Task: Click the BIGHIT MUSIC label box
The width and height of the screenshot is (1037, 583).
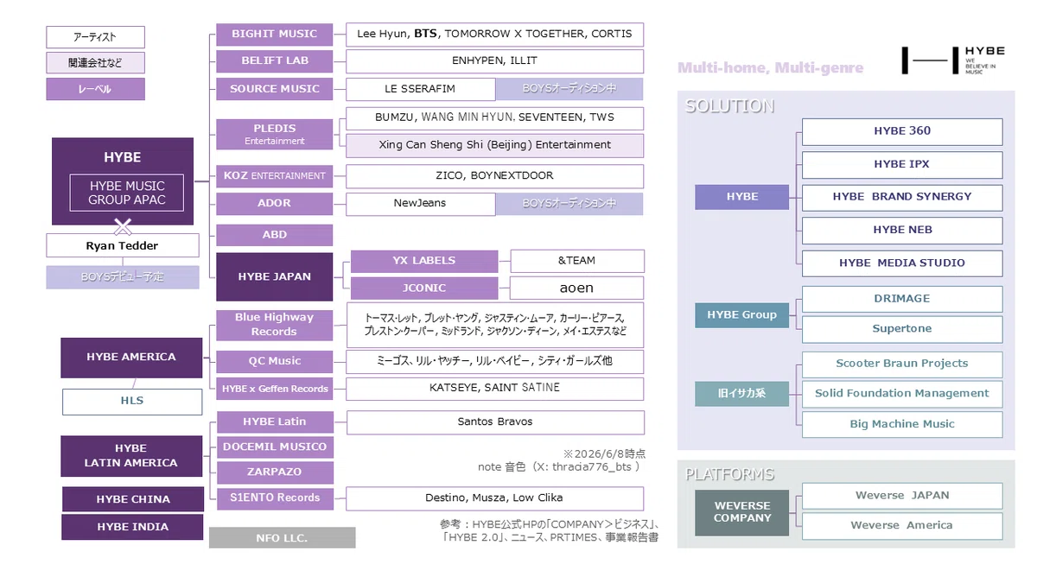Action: (274, 35)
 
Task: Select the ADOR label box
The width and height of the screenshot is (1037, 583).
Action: (274, 204)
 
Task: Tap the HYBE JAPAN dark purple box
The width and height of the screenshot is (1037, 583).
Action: (274, 276)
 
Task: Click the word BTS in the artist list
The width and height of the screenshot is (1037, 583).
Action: (425, 34)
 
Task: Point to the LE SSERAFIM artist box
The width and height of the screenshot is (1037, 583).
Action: (420, 89)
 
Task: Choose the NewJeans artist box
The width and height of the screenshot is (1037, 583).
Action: (420, 204)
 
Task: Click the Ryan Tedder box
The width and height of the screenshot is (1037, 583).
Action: (123, 245)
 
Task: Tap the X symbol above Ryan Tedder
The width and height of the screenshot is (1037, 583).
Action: (123, 226)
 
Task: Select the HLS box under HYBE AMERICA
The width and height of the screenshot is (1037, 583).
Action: (132, 402)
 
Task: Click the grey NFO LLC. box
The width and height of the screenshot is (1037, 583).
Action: (283, 537)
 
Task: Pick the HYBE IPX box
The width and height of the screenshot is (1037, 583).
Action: (902, 165)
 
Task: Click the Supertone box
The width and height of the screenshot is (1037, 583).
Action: (902, 329)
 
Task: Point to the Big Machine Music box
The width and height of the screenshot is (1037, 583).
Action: (902, 424)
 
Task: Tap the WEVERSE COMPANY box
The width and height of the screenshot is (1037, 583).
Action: (741, 513)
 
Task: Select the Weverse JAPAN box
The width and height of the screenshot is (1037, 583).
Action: (902, 496)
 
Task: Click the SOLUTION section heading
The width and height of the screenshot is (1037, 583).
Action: (729, 106)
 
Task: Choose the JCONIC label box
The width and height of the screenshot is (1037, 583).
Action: (424, 288)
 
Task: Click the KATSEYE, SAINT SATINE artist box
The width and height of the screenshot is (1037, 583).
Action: (494, 389)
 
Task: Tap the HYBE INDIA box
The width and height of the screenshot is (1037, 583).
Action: (132, 527)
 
